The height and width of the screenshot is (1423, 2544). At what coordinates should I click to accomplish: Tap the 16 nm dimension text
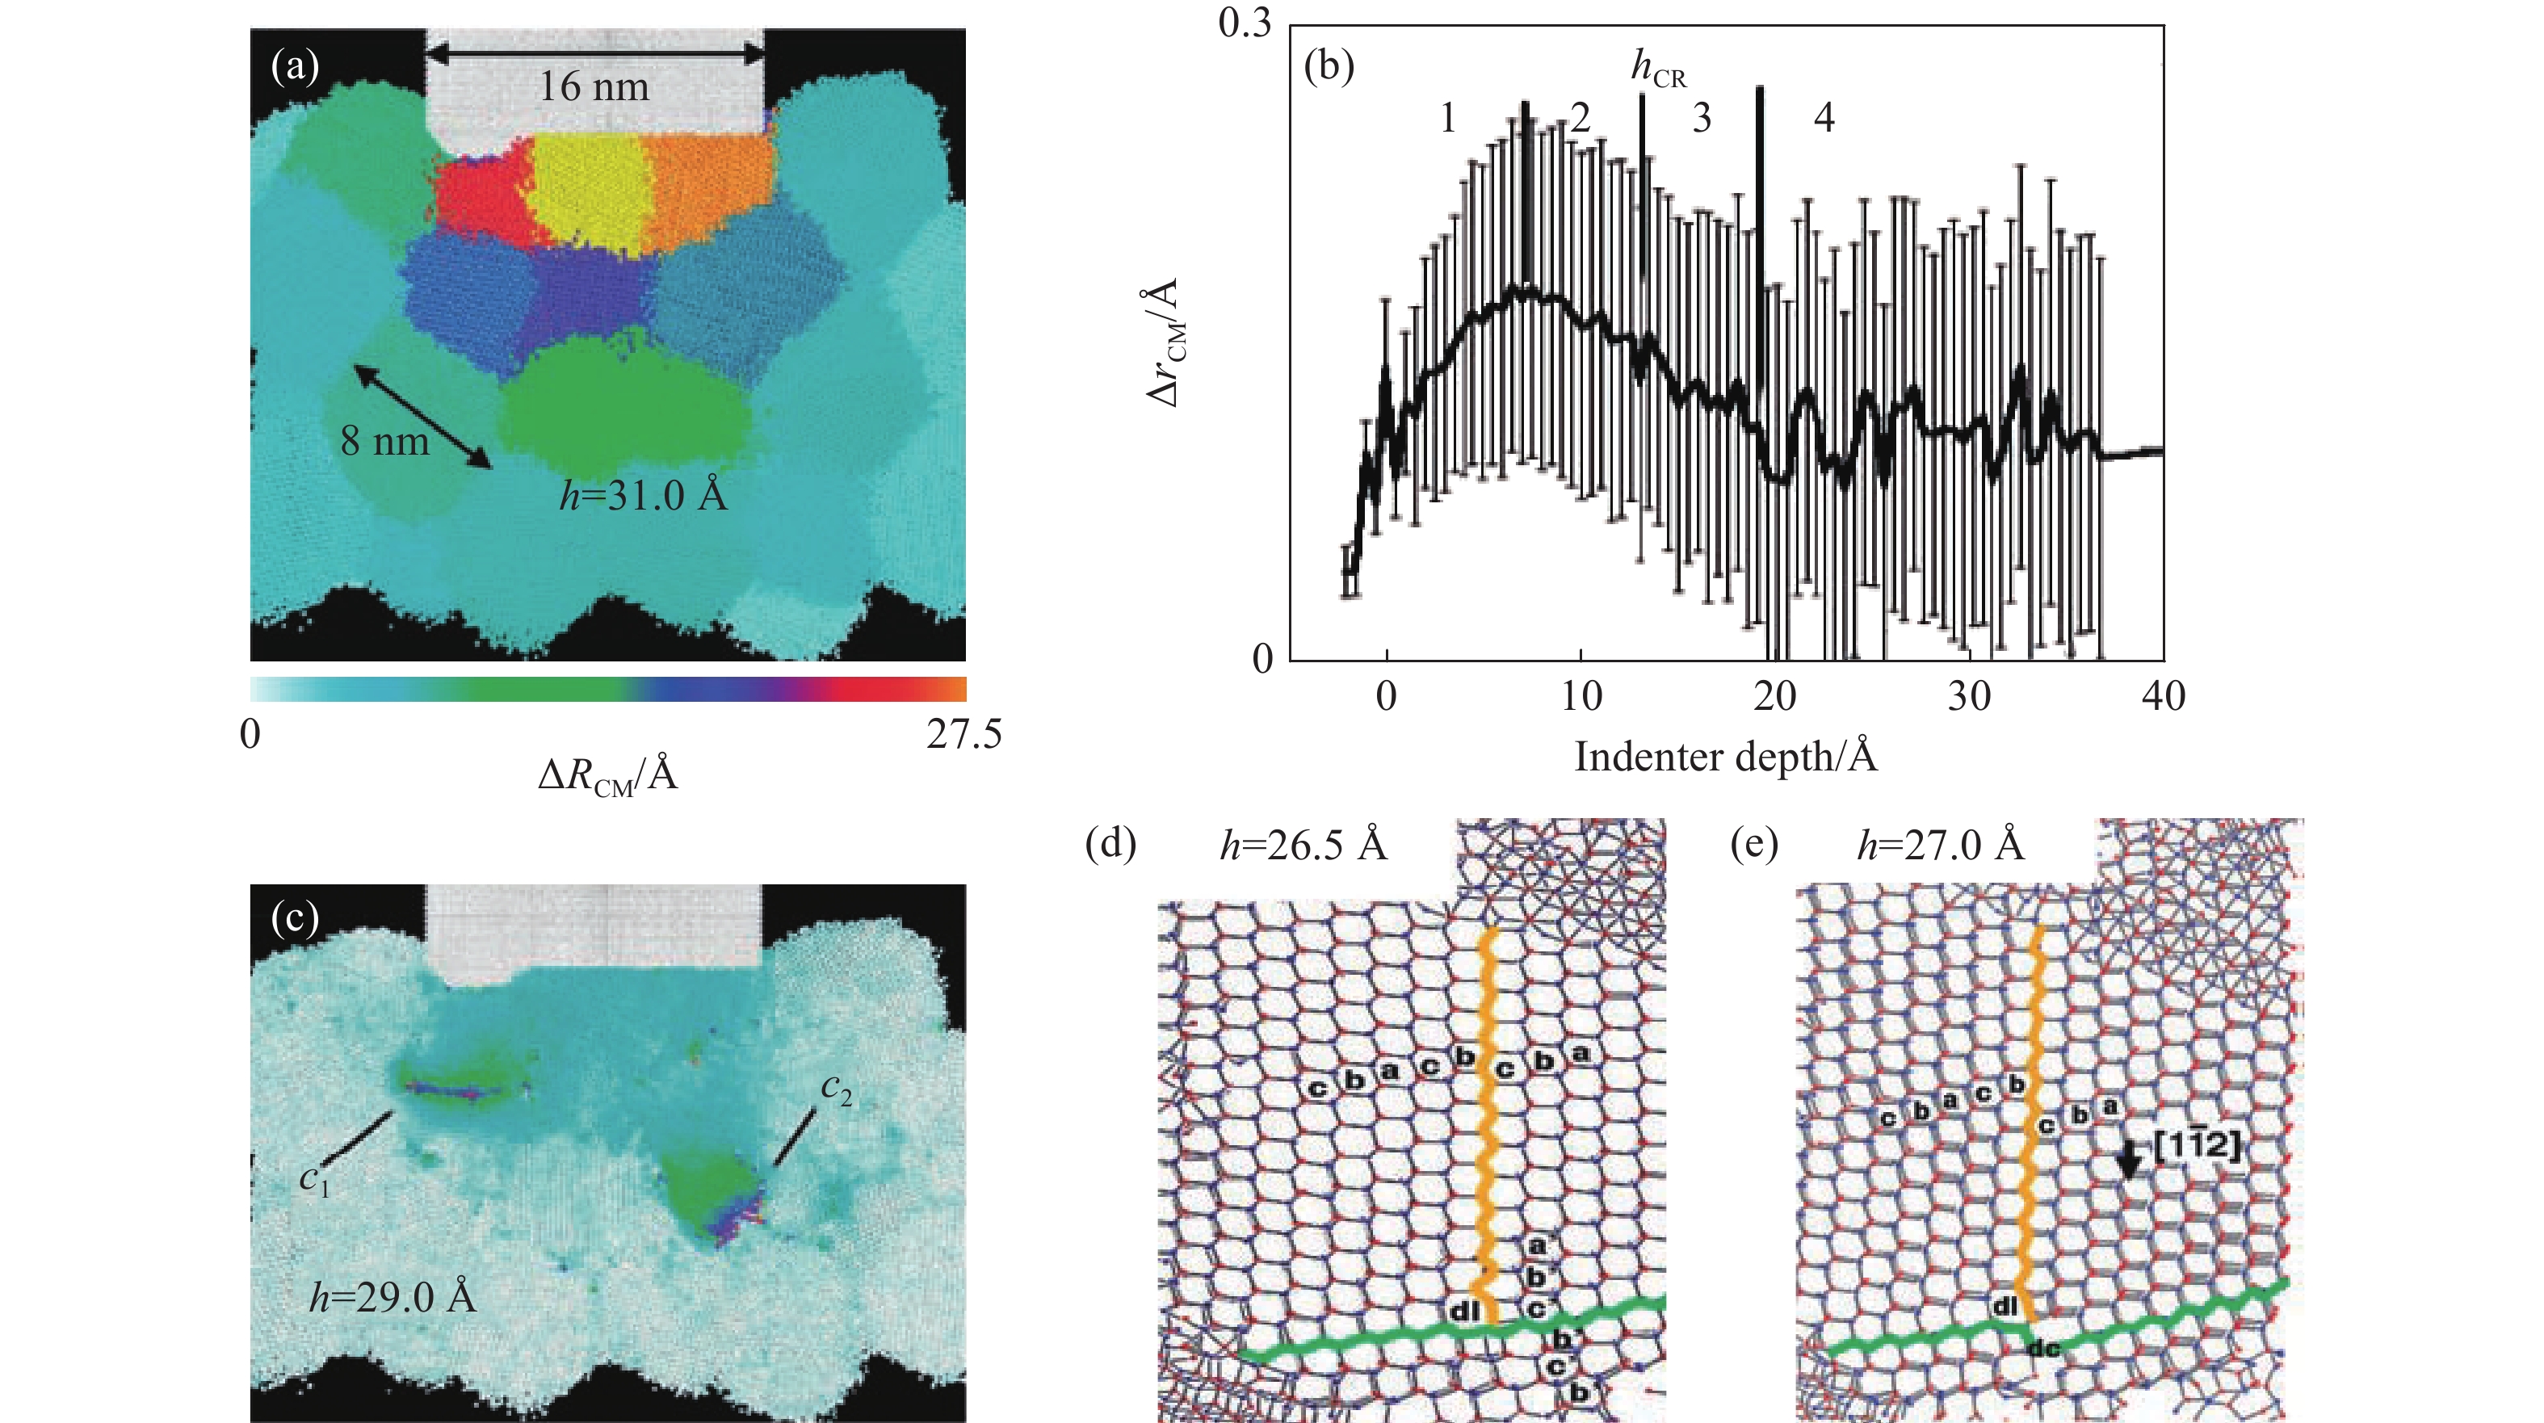pyautogui.click(x=594, y=87)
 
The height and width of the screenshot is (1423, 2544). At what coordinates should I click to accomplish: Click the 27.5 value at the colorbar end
pyautogui.click(x=963, y=735)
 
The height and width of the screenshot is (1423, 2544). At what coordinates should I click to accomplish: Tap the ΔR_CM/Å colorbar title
pyautogui.click(x=607, y=776)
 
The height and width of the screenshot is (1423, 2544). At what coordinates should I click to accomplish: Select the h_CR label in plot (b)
pyautogui.click(x=1658, y=69)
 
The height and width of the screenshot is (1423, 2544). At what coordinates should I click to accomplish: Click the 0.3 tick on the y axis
pyautogui.click(x=1245, y=23)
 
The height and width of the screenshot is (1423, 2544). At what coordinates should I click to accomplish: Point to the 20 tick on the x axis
pyautogui.click(x=1774, y=697)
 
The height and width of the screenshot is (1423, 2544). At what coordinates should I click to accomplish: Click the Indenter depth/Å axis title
pyautogui.click(x=1724, y=758)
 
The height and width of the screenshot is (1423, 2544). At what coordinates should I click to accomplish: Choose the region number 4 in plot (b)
pyautogui.click(x=1824, y=118)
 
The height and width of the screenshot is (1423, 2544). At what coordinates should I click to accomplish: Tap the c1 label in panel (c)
pyautogui.click(x=314, y=1178)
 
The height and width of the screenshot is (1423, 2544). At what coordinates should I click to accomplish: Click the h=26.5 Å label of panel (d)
pyautogui.click(x=1303, y=846)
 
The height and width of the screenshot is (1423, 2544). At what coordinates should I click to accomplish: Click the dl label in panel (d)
pyautogui.click(x=1463, y=1312)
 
